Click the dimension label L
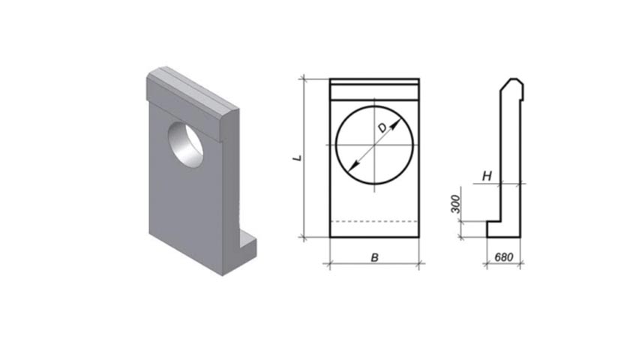coord(298,157)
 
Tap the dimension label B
coord(375,257)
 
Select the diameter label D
coord(382,128)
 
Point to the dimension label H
coord(487,176)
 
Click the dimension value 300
coord(456,204)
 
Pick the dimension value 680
coord(504,257)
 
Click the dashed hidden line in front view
coord(374,222)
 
